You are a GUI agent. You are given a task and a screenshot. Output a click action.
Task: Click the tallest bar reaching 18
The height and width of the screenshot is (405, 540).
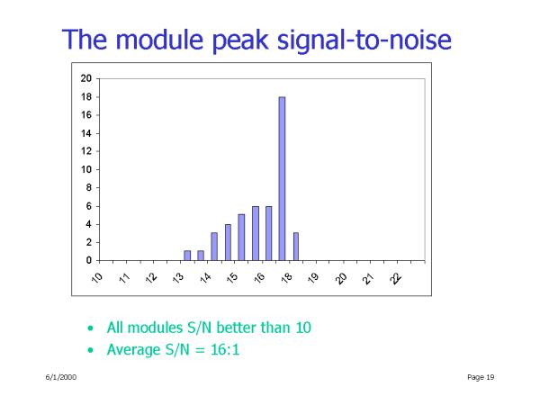[282, 178]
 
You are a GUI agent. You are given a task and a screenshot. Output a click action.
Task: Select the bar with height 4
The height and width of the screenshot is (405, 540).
[228, 242]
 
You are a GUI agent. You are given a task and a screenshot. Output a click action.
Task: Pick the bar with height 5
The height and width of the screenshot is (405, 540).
[241, 238]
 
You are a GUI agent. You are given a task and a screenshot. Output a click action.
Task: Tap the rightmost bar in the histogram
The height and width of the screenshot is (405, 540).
[296, 247]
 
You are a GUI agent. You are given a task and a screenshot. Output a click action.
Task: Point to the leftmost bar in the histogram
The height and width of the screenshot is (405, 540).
[187, 256]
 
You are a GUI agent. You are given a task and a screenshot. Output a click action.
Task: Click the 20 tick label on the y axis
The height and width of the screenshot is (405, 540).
[86, 78]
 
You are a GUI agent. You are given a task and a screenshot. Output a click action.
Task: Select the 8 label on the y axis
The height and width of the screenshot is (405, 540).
[89, 188]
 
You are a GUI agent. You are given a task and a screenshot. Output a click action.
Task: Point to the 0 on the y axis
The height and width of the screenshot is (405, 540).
[89, 260]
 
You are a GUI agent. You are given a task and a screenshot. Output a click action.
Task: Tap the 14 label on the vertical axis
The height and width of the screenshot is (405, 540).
[86, 133]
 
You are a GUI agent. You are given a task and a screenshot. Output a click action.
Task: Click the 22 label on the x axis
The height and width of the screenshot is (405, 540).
[395, 278]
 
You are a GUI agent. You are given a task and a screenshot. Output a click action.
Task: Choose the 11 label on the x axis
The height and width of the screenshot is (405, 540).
[124, 278]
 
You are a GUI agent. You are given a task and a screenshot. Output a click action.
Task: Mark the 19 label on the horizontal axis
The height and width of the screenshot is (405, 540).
[313, 278]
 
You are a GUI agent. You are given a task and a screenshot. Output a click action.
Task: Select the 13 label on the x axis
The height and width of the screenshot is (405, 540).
[178, 278]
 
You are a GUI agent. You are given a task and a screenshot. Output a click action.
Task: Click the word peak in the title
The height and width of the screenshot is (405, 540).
[239, 40]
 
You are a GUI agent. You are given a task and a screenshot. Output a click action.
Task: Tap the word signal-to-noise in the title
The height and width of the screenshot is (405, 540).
[364, 40]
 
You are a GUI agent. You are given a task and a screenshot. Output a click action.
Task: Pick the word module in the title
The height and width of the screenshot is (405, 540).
[159, 40]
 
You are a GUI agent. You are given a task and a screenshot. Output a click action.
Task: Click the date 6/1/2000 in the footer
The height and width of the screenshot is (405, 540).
[61, 377]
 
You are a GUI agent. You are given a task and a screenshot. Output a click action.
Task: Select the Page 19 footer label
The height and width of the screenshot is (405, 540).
[481, 377]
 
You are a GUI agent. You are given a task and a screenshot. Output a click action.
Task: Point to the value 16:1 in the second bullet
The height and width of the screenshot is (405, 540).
[225, 349]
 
